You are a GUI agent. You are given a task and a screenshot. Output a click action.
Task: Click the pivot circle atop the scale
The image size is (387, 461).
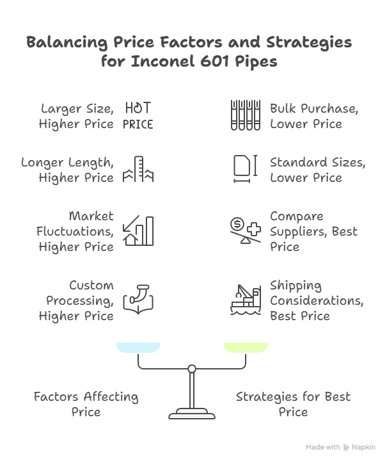[x=191, y=368]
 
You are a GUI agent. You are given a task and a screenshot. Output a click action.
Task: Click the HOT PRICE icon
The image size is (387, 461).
[x=138, y=115]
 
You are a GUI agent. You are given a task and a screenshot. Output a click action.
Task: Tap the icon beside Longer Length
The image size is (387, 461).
[x=138, y=170]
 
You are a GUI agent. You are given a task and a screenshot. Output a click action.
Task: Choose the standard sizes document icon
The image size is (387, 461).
[x=244, y=170]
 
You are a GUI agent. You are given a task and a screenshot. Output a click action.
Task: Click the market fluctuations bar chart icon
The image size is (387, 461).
[x=138, y=231]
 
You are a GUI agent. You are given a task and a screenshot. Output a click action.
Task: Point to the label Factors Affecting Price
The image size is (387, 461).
[x=86, y=404]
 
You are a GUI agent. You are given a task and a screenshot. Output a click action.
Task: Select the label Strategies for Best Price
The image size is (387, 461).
[x=293, y=404]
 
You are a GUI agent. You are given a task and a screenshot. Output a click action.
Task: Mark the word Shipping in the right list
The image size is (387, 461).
[x=296, y=286]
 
